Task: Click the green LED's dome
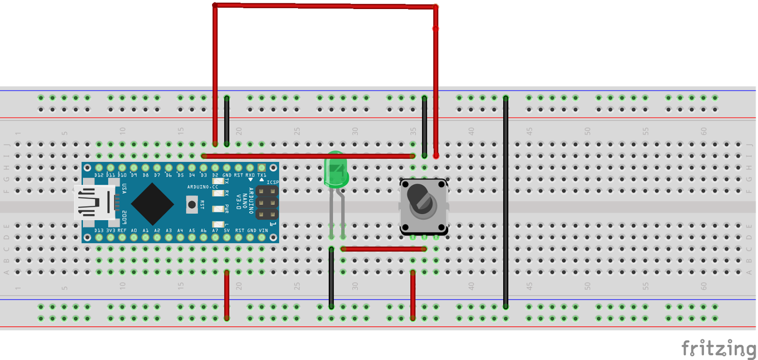(336, 170)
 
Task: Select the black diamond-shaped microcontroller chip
(152, 204)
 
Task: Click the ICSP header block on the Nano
(267, 203)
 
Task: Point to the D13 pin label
(99, 231)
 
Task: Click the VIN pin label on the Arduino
(263, 231)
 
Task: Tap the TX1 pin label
(262, 175)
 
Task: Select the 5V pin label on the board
(227, 231)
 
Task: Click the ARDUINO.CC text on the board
(202, 187)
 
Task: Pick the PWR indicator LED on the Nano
(218, 209)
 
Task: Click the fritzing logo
(718, 349)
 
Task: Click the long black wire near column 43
(505, 204)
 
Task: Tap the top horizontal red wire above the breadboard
(325, 6)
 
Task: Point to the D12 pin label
(99, 175)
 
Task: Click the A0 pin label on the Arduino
(134, 231)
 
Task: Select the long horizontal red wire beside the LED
(284, 156)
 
